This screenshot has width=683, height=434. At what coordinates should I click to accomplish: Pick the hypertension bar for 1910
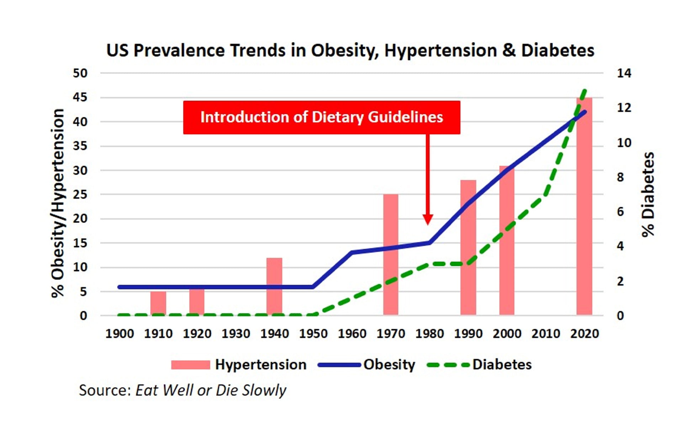158,303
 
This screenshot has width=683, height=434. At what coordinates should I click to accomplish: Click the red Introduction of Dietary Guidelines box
322,117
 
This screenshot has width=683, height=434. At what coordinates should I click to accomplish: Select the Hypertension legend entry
238,365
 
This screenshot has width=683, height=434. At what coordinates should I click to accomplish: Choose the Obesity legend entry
366,365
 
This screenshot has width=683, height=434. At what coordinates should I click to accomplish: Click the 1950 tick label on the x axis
313,334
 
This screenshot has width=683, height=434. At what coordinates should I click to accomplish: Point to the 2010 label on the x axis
546,334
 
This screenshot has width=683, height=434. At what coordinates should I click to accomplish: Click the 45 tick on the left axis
80,97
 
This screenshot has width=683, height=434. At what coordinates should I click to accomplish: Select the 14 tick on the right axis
624,73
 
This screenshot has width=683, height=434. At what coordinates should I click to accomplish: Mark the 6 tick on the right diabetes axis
620,212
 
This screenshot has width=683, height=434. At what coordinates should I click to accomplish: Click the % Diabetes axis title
648,194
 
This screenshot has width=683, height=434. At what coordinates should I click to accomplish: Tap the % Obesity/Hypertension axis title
58,203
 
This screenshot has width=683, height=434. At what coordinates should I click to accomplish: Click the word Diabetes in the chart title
557,51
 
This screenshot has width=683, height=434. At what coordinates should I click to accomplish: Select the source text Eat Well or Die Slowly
211,390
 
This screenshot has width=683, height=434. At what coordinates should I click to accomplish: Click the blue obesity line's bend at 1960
352,253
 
